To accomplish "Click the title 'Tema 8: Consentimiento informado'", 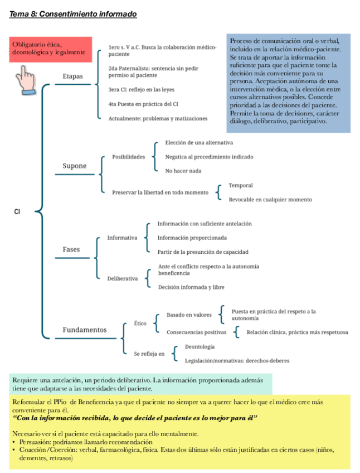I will (73, 13).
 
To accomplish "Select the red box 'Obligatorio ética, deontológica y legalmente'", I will (50, 49).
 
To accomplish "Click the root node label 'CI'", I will (17, 211).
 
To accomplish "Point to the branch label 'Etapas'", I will (74, 76).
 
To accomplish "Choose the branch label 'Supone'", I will (74, 166).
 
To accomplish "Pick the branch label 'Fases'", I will (71, 249).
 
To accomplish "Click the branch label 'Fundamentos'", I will (84, 330).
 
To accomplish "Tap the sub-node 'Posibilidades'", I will (128, 157).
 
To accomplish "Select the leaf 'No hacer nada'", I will (183, 171).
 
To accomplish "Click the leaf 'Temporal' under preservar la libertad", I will (241, 185).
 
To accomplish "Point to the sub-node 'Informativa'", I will (122, 238).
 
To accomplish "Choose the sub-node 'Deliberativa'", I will (123, 278).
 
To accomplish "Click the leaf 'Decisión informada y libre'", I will (191, 287).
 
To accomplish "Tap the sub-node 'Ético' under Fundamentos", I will (140, 323).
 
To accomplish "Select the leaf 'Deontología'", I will (200, 347).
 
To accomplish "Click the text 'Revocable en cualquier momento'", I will (270, 200).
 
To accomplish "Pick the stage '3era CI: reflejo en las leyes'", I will (142, 89).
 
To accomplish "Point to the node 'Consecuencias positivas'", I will (196, 332).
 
